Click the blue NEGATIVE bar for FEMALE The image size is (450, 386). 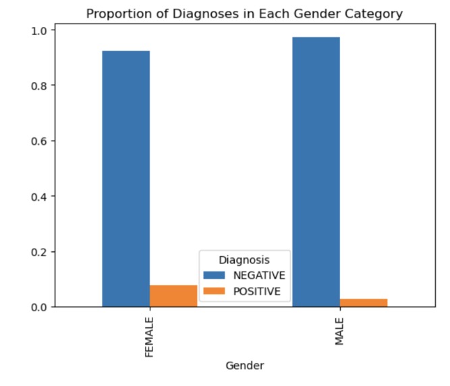pos(126,179)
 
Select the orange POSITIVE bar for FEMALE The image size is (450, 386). pos(173,296)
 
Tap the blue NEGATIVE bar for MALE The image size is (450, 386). pos(316,172)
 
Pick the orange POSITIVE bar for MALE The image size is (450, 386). pos(363,302)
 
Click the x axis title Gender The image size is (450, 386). pos(244,366)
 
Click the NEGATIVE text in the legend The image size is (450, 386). pos(259,276)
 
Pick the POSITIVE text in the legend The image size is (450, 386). pos(257,291)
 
